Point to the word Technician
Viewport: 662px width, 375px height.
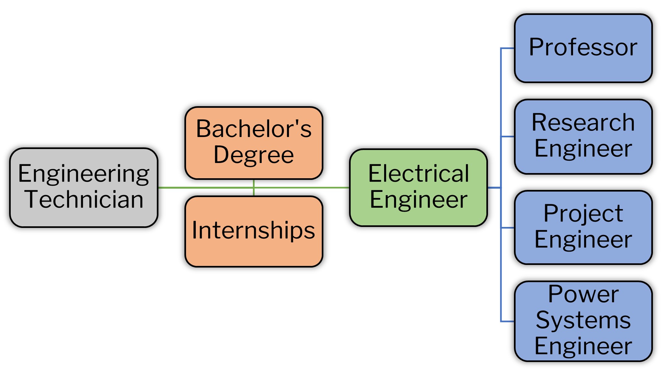click(x=84, y=199)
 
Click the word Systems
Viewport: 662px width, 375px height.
click(x=583, y=320)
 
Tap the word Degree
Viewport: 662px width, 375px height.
click(x=254, y=155)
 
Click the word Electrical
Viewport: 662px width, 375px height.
click(x=418, y=173)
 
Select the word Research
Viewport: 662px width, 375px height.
click(x=583, y=123)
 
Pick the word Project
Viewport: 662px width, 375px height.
click(x=583, y=214)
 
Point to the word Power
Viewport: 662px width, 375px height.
click(x=583, y=294)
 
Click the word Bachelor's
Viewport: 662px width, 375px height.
click(x=254, y=129)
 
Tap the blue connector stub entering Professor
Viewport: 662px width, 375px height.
click(x=508, y=48)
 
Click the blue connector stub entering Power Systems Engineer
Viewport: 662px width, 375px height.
click(x=508, y=321)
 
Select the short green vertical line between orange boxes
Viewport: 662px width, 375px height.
click(x=254, y=188)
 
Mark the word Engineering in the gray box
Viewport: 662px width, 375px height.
click(x=83, y=174)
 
